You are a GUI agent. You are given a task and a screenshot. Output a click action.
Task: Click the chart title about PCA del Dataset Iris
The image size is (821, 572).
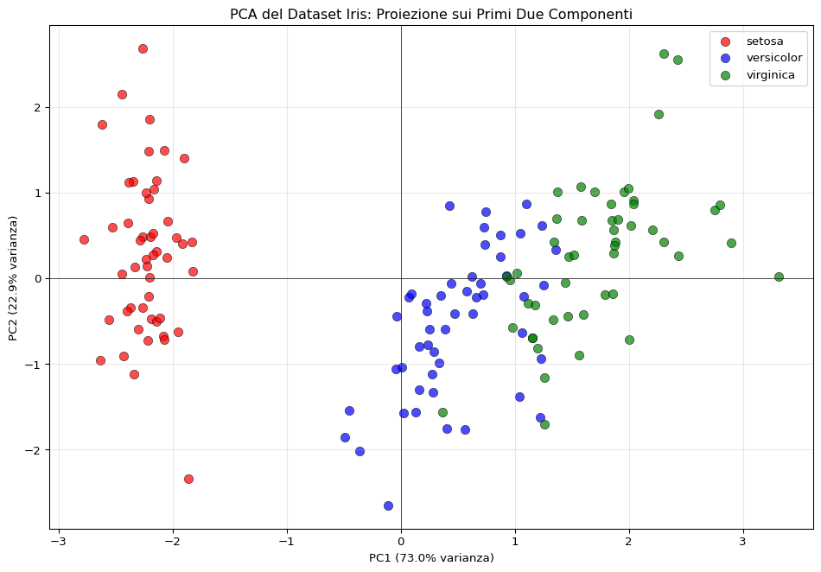tap(430, 15)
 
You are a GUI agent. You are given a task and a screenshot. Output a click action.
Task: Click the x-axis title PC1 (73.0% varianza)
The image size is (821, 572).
tap(431, 558)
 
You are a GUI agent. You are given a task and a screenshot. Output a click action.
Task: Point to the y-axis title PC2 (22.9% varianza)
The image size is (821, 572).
tap(14, 277)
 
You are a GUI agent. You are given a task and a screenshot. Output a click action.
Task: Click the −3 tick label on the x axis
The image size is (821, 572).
tap(57, 542)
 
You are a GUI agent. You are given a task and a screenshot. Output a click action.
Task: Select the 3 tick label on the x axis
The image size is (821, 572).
tap(742, 542)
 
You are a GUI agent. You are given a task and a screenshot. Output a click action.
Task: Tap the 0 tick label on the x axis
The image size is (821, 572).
tap(401, 542)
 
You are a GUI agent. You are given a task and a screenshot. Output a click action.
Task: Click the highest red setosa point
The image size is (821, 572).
tap(143, 48)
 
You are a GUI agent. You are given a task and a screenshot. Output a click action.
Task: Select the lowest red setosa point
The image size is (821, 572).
tap(188, 479)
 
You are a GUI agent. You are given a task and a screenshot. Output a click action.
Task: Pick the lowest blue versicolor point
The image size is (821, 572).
tap(388, 505)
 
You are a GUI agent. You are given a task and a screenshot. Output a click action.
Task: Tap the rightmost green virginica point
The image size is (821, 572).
tap(779, 276)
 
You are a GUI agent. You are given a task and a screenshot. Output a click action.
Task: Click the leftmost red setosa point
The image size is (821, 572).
tap(84, 239)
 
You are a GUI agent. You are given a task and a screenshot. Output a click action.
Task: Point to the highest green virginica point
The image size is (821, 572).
tap(664, 54)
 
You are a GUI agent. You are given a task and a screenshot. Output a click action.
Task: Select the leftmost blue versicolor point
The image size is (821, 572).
tap(345, 437)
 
